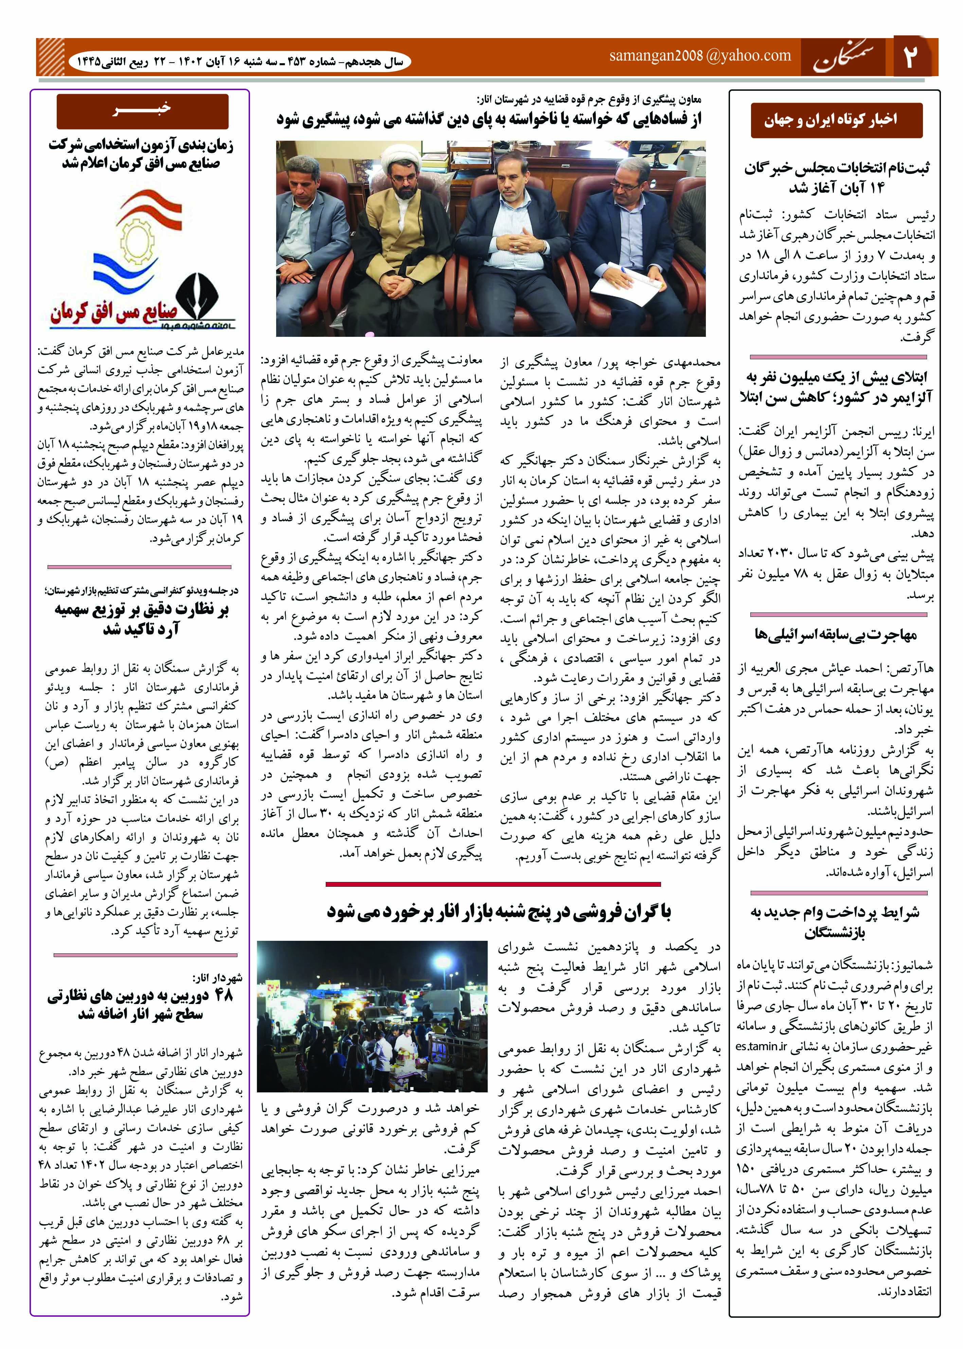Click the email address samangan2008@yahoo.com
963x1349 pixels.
700,56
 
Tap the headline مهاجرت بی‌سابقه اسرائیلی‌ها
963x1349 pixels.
836,635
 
